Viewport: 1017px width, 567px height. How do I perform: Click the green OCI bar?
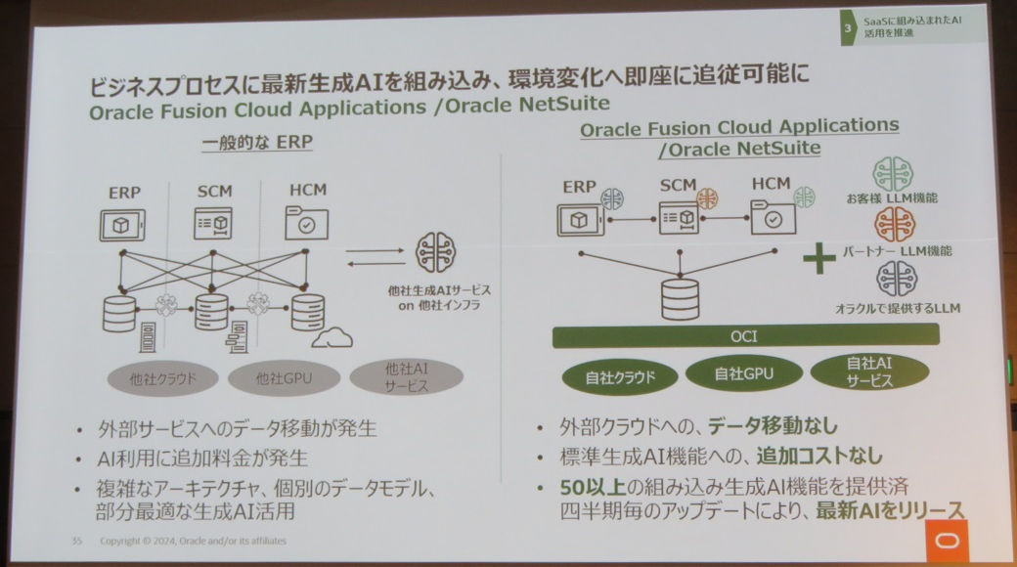click(x=746, y=335)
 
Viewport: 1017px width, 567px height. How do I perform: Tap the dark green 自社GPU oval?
click(x=743, y=372)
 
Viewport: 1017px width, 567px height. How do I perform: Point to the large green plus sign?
click(x=818, y=259)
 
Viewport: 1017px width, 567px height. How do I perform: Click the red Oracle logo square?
click(x=946, y=541)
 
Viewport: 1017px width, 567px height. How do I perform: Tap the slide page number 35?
click(x=76, y=541)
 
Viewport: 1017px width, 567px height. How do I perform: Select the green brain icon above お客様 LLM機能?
click(x=894, y=174)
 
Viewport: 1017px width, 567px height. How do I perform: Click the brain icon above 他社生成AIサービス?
click(x=437, y=252)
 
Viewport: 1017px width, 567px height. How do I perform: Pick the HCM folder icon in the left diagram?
click(x=305, y=223)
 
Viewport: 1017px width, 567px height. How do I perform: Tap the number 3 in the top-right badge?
click(x=848, y=29)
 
